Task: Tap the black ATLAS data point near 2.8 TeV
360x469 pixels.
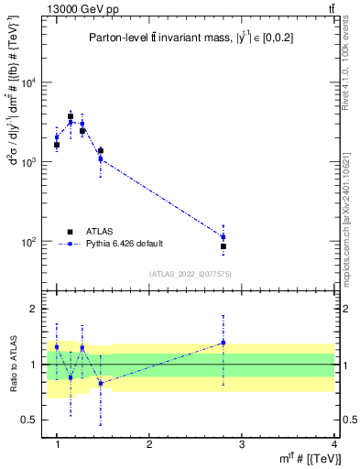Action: (x=224, y=246)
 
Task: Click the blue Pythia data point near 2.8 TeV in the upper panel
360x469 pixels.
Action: (x=224, y=237)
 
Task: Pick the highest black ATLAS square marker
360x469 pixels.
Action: (x=71, y=116)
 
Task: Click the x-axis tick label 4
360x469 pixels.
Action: (x=335, y=444)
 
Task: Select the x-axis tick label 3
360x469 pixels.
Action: (x=242, y=444)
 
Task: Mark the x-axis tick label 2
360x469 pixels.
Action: (x=149, y=444)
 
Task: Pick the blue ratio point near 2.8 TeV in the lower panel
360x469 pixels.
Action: (x=224, y=343)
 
